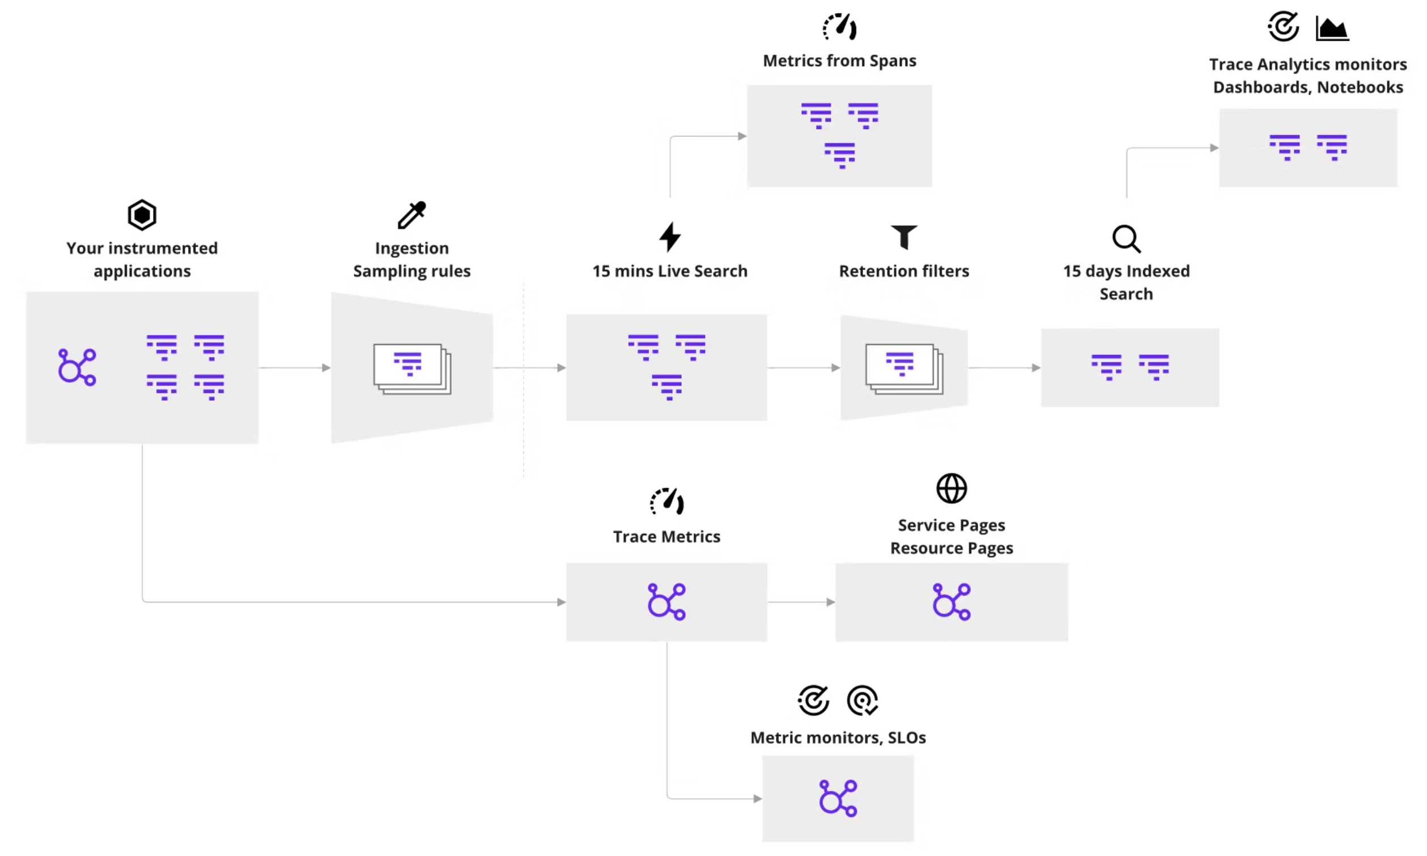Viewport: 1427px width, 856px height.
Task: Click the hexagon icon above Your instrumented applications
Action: (x=142, y=215)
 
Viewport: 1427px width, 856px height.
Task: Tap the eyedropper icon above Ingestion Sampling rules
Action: (x=411, y=215)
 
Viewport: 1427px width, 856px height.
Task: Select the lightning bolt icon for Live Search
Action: (x=670, y=237)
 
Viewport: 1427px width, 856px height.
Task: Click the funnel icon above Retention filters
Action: (x=903, y=237)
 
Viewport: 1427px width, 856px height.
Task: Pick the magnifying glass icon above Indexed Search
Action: (x=1126, y=238)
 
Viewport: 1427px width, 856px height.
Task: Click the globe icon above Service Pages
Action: (x=952, y=488)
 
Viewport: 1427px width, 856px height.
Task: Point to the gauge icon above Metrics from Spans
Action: (x=839, y=27)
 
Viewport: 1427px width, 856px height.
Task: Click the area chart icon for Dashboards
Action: (x=1332, y=28)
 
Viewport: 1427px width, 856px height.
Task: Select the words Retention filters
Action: (x=903, y=271)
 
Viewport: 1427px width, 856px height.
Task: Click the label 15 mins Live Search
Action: (x=670, y=271)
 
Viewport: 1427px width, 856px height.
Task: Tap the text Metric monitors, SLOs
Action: (x=838, y=737)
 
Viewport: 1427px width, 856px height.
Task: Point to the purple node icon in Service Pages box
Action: (x=952, y=602)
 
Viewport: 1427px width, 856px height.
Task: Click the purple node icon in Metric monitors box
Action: (x=838, y=798)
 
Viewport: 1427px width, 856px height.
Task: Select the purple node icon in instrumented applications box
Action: (x=77, y=367)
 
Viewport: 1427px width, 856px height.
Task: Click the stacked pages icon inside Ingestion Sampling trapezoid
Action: (x=411, y=369)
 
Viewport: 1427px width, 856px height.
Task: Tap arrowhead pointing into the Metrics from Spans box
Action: (x=742, y=136)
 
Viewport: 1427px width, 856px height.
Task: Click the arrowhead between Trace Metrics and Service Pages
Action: (x=830, y=602)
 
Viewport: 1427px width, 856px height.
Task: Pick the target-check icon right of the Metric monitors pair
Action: (x=862, y=700)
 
